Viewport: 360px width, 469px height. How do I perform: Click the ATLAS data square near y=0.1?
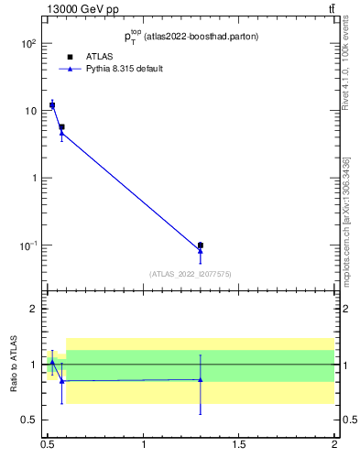click(200, 245)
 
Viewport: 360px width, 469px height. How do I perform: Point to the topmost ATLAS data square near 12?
click(52, 105)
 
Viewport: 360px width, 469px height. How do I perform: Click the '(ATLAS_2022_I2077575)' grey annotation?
click(191, 273)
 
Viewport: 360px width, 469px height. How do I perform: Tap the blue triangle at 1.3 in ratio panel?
click(200, 379)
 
